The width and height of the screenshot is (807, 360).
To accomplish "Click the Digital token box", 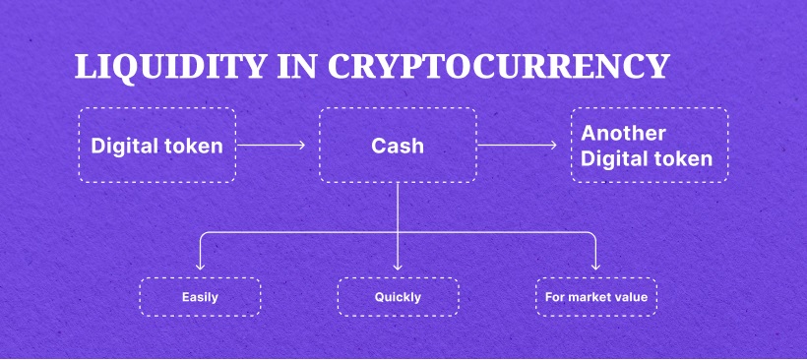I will pos(157,146).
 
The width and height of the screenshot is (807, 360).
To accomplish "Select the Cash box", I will pos(398,146).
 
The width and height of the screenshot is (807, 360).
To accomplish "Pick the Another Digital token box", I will pos(650,146).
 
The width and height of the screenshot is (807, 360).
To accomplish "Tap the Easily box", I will pos(200,296).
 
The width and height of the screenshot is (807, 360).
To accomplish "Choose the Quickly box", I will pos(398,296).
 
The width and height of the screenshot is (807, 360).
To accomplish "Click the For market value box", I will pos(596,296).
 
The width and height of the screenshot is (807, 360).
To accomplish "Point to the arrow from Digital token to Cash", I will pos(271,146).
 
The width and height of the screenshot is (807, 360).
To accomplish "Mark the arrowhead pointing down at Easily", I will pos(200,267).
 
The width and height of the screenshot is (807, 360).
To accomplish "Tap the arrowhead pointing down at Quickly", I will pos(398,267).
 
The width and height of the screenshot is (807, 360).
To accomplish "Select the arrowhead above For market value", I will pos(596,267).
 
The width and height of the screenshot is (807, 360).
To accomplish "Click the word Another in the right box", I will pos(624,134).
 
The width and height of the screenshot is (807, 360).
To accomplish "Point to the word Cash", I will pos(398,146).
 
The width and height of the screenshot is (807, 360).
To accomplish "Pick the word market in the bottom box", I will pos(593,296).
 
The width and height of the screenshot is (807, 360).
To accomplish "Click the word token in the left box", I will pos(197,146).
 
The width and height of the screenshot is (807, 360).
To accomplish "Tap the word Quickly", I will pos(398,296).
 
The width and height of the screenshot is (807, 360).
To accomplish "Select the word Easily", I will pos(200,296).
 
